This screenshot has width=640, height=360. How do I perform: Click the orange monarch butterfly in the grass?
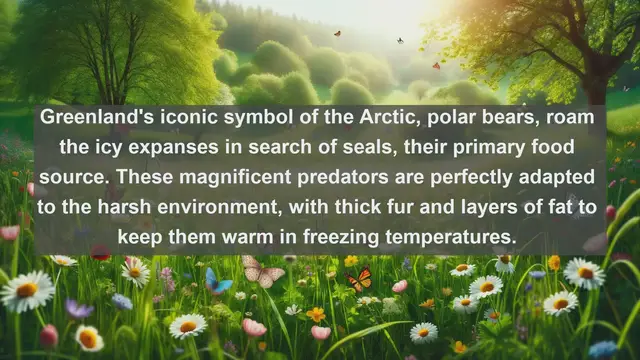pos(359,279)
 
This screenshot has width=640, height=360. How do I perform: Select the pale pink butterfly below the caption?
pos(262,271)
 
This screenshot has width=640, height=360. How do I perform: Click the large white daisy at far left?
pos(27,291)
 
